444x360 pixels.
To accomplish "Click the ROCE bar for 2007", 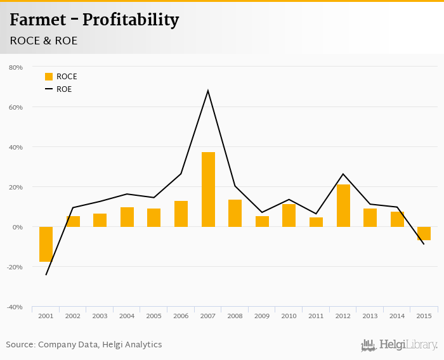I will point(208,190).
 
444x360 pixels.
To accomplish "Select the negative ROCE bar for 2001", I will point(46,244).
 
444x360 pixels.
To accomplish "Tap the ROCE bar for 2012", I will point(343,205).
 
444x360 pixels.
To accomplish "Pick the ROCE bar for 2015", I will point(424,233).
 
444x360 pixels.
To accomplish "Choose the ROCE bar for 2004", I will point(127,217).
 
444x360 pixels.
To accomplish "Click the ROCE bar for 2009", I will point(262,221).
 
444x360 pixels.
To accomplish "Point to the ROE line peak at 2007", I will point(208,91).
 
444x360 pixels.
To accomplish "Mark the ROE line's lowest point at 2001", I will point(46,274).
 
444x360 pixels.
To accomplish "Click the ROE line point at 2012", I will point(343,174).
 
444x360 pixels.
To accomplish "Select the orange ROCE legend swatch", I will point(49,77).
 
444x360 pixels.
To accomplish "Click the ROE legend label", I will point(64,89).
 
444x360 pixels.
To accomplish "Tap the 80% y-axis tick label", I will point(16,67).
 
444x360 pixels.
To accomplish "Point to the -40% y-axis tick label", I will point(15,307).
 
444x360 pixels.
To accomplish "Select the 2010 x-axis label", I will point(289,316).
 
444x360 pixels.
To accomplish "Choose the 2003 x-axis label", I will point(100,316).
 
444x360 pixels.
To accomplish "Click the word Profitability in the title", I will point(131,20).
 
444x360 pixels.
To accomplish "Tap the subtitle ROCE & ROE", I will point(44,41).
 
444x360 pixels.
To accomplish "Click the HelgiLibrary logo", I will point(399,345).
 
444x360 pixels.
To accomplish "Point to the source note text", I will point(84,345).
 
